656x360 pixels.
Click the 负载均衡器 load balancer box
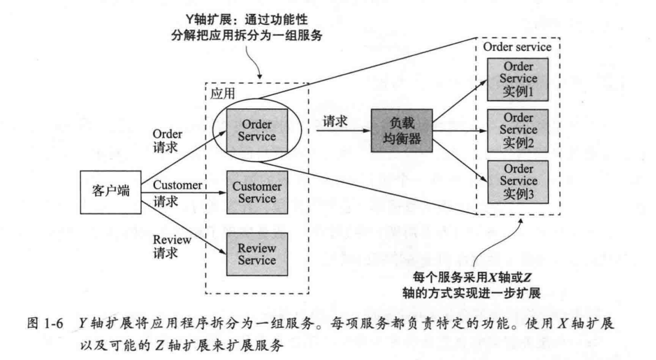[x=402, y=130]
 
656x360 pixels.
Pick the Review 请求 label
[x=168, y=246]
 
